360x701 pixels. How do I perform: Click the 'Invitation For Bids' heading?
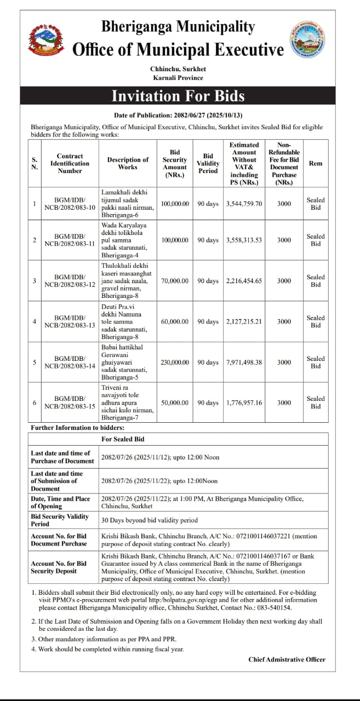(x=178, y=96)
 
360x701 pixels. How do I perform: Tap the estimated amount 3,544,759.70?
(x=244, y=204)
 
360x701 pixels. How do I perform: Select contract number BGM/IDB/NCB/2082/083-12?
(x=70, y=281)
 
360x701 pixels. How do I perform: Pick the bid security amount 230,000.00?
(x=175, y=363)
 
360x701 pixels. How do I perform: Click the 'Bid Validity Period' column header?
(x=208, y=163)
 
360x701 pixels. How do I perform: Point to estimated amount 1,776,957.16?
(x=244, y=403)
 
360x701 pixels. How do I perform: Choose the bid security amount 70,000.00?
(x=175, y=281)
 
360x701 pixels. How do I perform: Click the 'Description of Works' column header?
(x=128, y=163)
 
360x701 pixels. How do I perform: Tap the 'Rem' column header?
(x=316, y=163)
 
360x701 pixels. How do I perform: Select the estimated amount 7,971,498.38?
(x=244, y=363)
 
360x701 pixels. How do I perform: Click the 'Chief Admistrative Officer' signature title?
(x=287, y=659)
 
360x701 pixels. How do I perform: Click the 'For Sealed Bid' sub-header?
(x=123, y=439)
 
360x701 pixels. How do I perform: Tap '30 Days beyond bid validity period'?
(x=150, y=520)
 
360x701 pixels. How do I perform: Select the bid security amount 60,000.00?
(x=175, y=322)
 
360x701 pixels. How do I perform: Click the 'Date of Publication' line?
(x=178, y=116)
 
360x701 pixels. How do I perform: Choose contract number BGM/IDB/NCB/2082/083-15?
(x=70, y=403)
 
